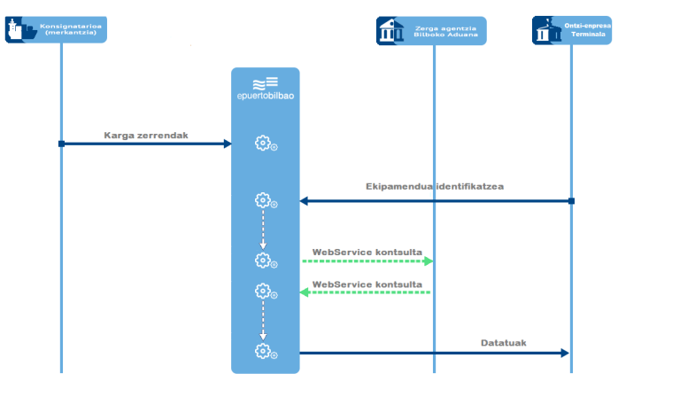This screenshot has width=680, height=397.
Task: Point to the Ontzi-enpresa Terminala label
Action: click(x=588, y=29)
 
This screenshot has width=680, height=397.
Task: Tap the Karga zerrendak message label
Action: click(x=146, y=136)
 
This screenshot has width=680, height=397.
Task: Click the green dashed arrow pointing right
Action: click(x=367, y=261)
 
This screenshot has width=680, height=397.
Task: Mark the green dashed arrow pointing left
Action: click(x=367, y=292)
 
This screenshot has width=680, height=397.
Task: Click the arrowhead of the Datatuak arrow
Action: click(x=564, y=353)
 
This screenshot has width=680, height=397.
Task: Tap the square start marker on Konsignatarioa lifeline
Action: click(x=61, y=144)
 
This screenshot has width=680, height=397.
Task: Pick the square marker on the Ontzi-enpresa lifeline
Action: click(x=571, y=201)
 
